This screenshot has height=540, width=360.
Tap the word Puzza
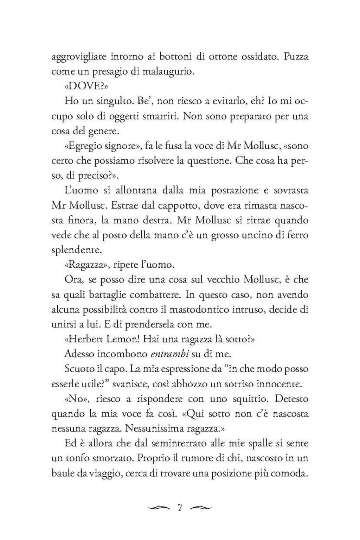296,57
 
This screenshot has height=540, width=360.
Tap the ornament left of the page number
159,508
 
